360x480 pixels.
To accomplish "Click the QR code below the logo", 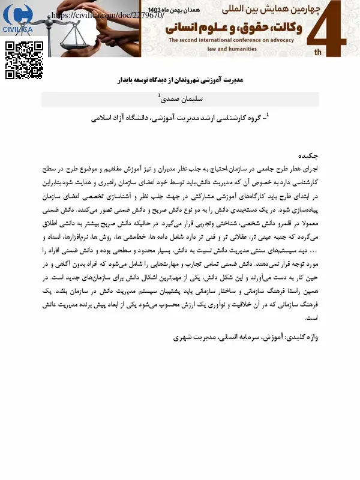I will pos(25,61).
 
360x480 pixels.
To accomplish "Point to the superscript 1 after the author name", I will pos(158,95).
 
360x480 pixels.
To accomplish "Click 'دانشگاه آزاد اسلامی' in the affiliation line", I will pos(124,119).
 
